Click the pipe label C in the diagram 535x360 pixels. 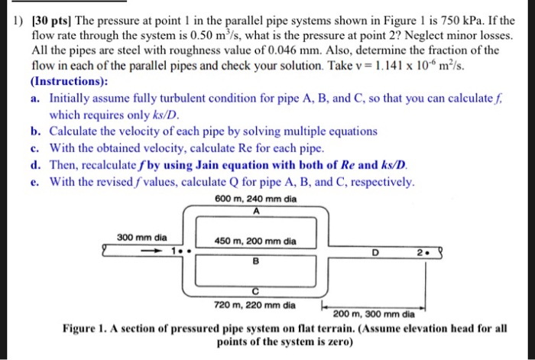(x=257, y=290)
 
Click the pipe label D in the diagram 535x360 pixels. (x=374, y=251)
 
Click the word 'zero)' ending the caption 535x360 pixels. (x=339, y=342)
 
